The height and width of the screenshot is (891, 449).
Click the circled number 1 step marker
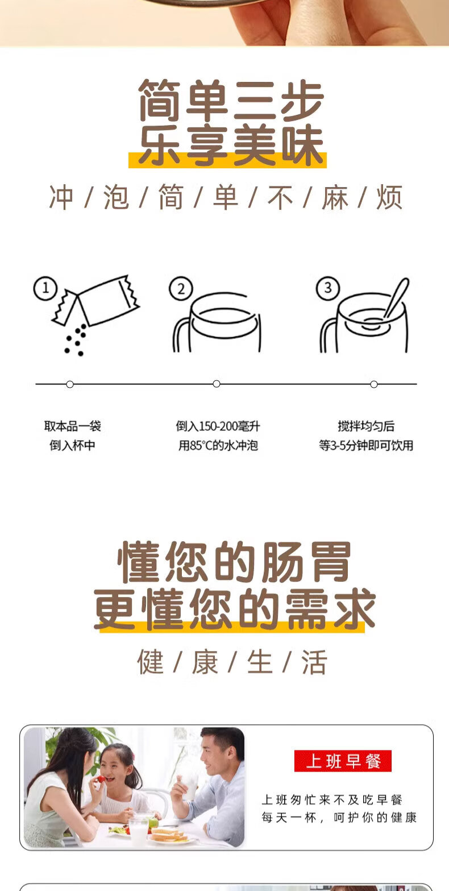[x=45, y=288]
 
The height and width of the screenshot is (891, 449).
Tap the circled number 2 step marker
[x=181, y=289]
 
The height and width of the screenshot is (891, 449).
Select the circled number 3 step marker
[x=328, y=288]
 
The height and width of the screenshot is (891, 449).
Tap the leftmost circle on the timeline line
[x=70, y=384]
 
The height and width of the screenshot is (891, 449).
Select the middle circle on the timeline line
[x=217, y=384]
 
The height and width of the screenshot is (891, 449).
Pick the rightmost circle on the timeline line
[x=374, y=384]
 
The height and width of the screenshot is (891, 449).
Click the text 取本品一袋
[x=72, y=426]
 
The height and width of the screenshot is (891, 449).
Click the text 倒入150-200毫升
[x=218, y=426]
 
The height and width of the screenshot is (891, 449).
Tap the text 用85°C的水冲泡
[x=218, y=446]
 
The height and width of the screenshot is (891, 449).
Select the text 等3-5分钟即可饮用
[x=366, y=446]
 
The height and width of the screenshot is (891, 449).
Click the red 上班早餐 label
[x=343, y=761]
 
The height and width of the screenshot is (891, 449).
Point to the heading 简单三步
[x=231, y=100]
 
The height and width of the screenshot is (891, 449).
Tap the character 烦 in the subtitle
[x=390, y=197]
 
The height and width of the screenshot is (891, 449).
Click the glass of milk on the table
[x=139, y=831]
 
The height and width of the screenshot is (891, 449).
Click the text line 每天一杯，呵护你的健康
[x=339, y=818]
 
